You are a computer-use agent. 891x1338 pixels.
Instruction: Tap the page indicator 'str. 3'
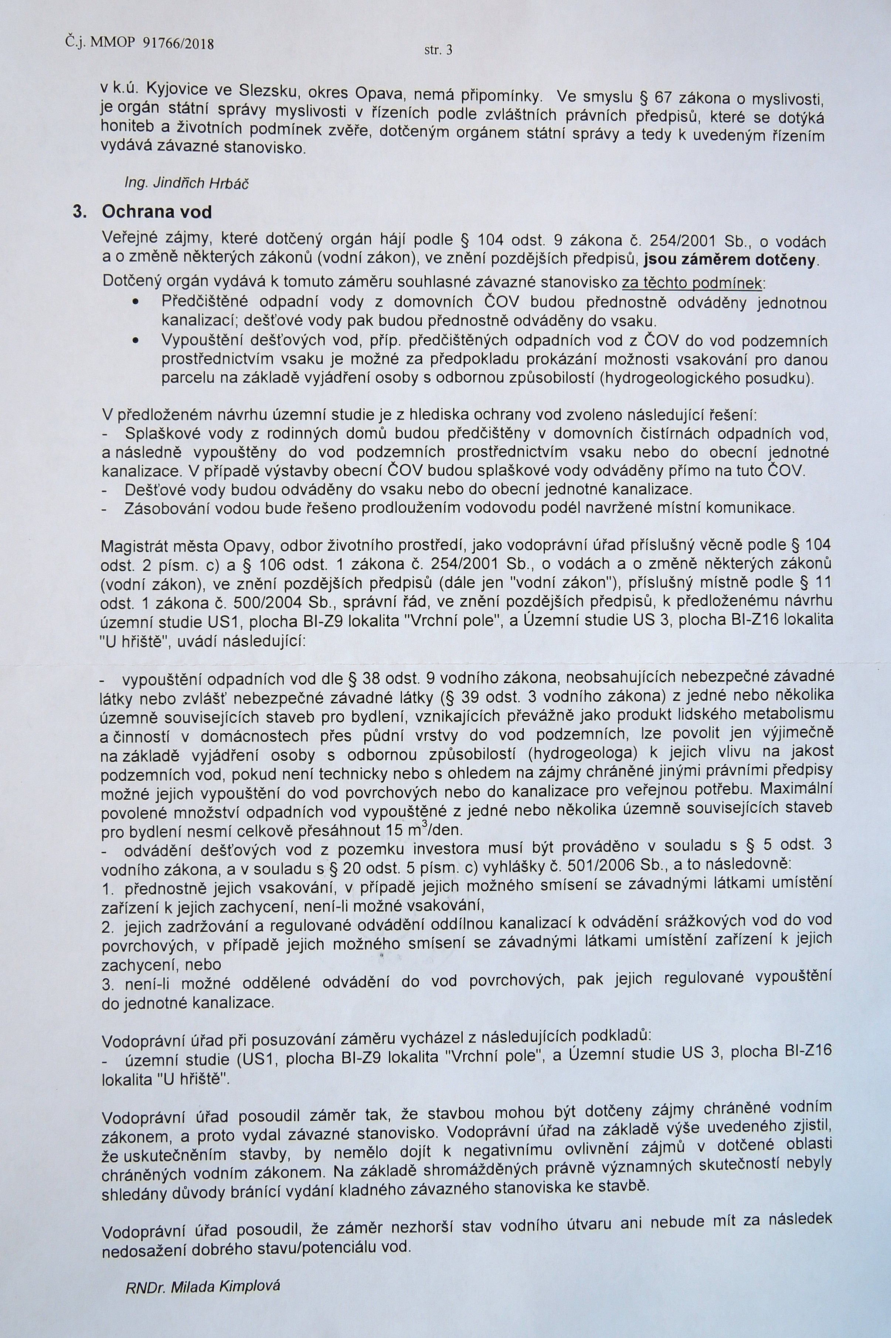[x=438, y=50]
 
